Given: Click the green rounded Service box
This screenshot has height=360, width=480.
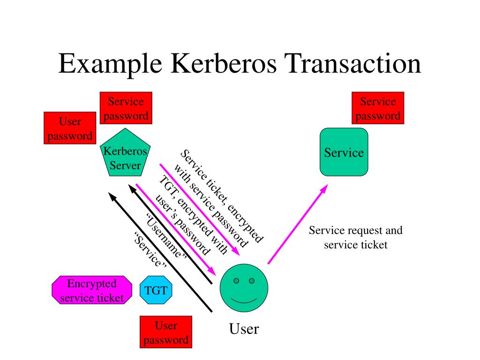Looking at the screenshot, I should point(344,152).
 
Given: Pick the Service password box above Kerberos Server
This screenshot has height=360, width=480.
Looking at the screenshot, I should point(126,108).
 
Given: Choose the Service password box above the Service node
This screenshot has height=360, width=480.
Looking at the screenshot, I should point(378,108).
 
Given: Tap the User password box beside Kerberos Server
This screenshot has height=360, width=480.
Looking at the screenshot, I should point(70,128).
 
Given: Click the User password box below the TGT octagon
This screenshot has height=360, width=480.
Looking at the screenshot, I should point(166,332).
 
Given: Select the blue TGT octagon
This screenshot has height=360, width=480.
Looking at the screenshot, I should point(156,290).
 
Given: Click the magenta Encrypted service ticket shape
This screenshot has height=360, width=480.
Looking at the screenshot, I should point(92,290).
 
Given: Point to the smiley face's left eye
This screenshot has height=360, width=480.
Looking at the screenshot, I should point(236,281).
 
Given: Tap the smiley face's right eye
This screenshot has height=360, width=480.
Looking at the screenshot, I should point(252,281).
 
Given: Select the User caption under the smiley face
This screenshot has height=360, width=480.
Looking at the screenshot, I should point(244,329).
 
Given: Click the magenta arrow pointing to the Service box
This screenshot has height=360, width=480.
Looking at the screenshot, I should point(297,224).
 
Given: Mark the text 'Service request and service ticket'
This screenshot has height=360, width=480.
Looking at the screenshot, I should point(355,237).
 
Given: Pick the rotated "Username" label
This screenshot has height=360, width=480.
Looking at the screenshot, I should point(166,236).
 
